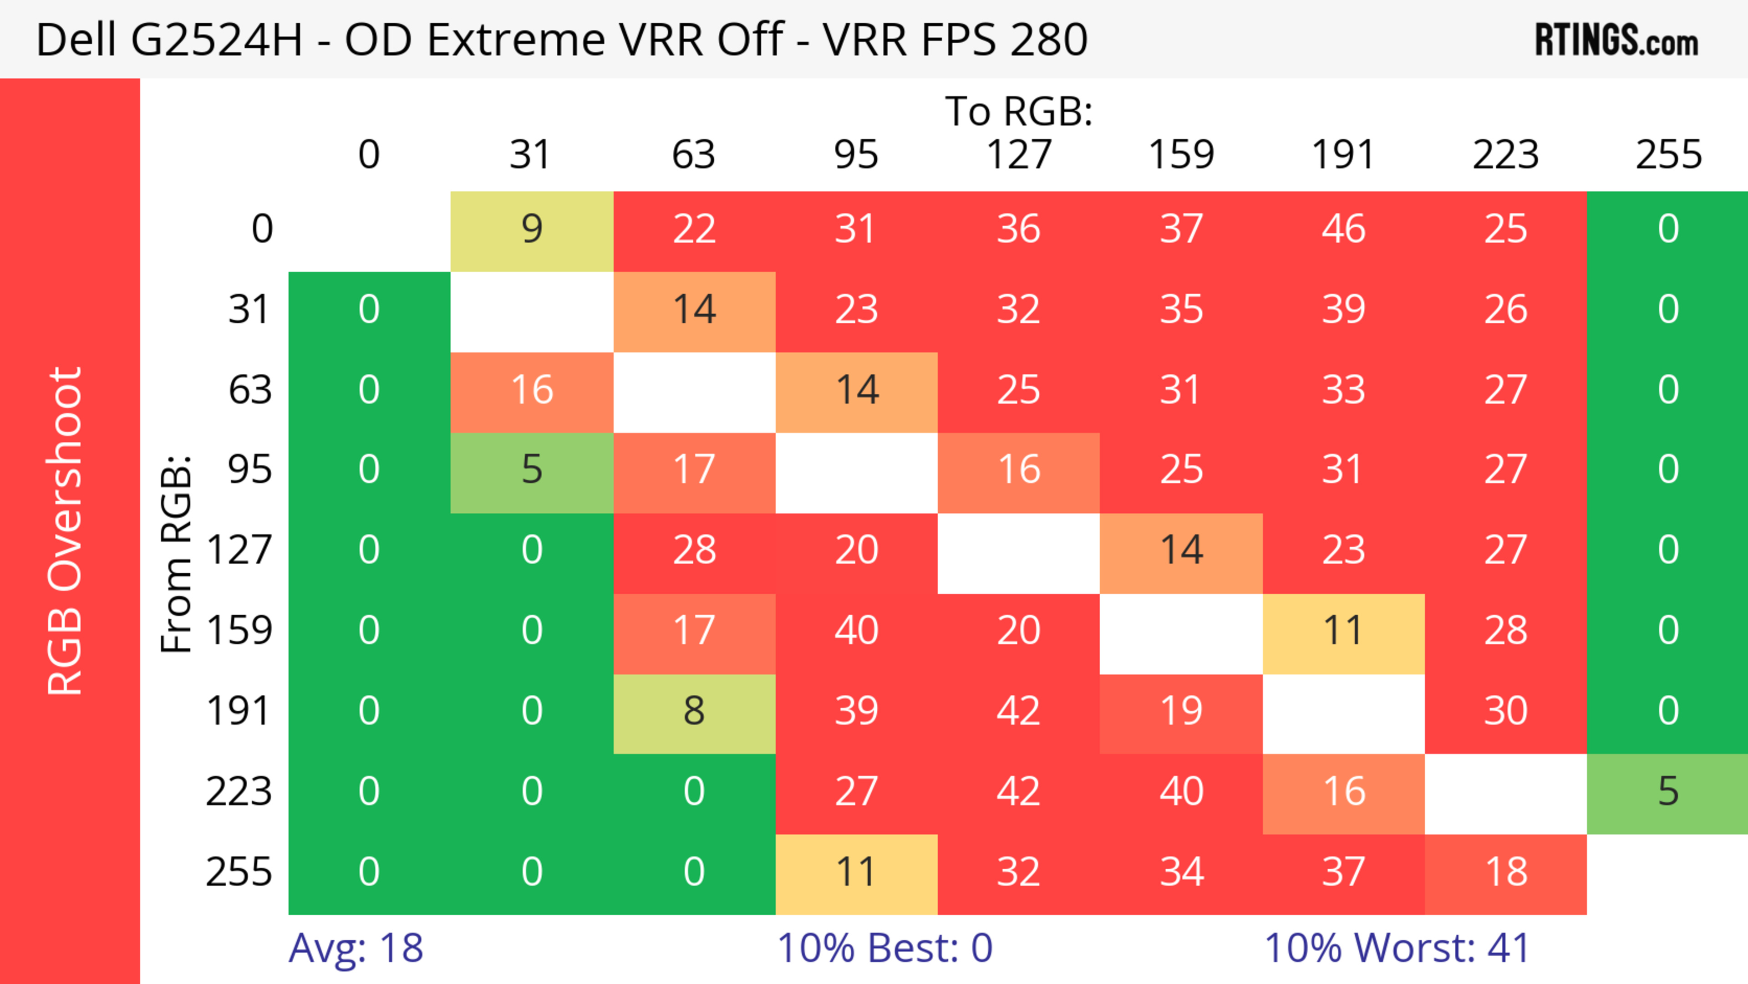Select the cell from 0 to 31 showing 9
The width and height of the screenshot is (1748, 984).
point(532,229)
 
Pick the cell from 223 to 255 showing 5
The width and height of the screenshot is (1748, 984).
point(1668,792)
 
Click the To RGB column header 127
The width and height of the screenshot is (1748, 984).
point(1019,155)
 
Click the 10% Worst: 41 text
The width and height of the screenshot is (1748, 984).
point(1397,948)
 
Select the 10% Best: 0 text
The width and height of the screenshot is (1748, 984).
point(884,948)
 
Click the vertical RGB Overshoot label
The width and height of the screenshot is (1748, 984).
point(65,531)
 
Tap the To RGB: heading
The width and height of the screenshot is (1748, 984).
point(1019,111)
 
